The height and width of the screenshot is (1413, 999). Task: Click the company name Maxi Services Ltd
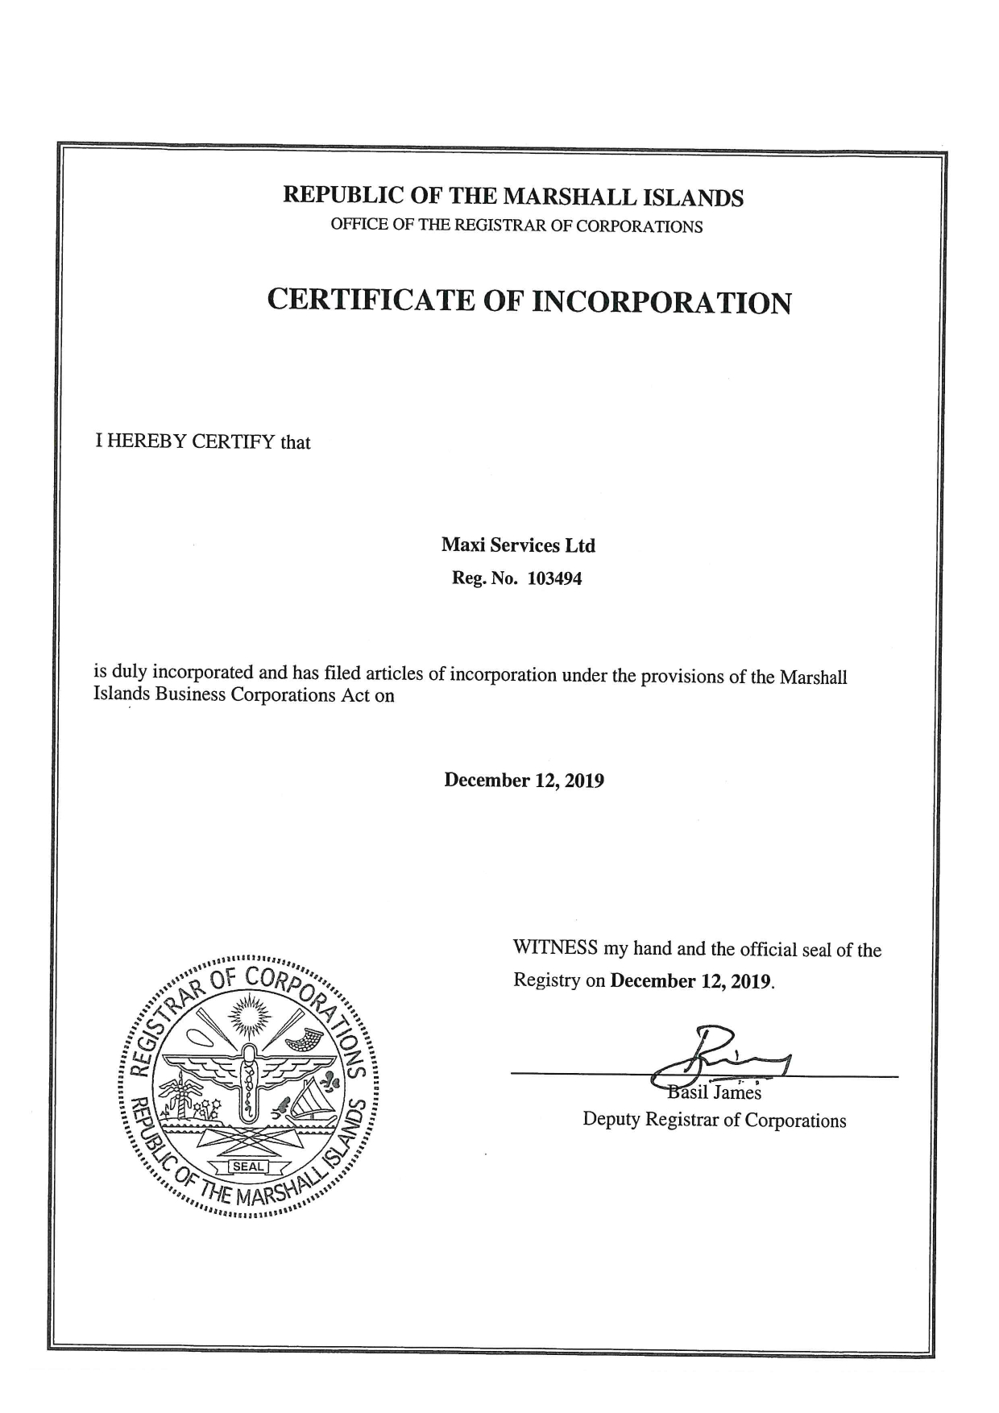point(517,545)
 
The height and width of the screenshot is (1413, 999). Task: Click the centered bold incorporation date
point(524,780)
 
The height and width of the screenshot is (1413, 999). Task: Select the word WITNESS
point(555,948)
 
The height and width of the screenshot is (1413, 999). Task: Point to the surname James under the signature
point(736,1093)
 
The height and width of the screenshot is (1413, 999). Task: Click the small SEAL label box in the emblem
point(247,1166)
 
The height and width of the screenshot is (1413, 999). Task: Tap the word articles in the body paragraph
point(395,674)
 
